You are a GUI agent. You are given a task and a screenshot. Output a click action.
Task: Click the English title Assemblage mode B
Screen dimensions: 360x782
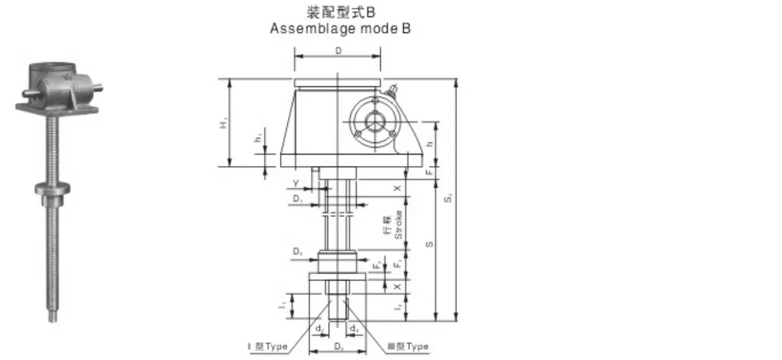click(340, 29)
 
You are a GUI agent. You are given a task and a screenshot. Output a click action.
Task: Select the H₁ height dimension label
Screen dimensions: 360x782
click(223, 123)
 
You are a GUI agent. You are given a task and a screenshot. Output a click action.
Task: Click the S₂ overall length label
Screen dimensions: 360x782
click(448, 198)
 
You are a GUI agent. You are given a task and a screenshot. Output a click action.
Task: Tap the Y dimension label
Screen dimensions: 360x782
click(295, 184)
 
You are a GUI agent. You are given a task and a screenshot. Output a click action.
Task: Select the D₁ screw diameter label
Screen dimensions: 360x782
click(298, 199)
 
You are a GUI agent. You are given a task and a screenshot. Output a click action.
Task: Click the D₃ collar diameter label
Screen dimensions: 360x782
click(298, 253)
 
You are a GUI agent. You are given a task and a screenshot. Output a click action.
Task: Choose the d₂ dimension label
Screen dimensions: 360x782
click(320, 329)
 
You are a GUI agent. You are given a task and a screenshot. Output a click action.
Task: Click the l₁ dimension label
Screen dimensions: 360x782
click(282, 306)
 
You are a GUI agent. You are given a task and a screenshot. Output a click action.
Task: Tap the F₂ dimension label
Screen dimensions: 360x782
click(378, 264)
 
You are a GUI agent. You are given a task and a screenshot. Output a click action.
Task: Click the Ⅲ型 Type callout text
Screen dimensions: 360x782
click(408, 347)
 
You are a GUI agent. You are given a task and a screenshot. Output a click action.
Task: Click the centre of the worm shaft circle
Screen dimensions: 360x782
click(375, 121)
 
